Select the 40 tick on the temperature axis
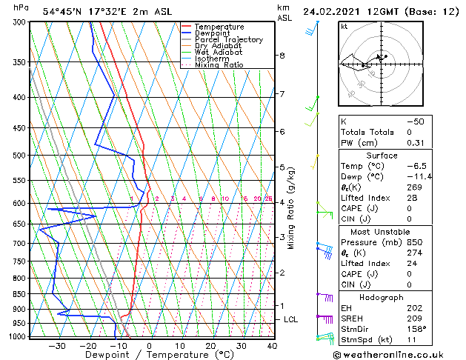pyautogui.click(x=272, y=346)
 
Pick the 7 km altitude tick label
pyautogui.click(x=282, y=94)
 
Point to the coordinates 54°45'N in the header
pyautogui.click(x=65, y=12)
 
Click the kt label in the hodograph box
pyautogui.click(x=344, y=26)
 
